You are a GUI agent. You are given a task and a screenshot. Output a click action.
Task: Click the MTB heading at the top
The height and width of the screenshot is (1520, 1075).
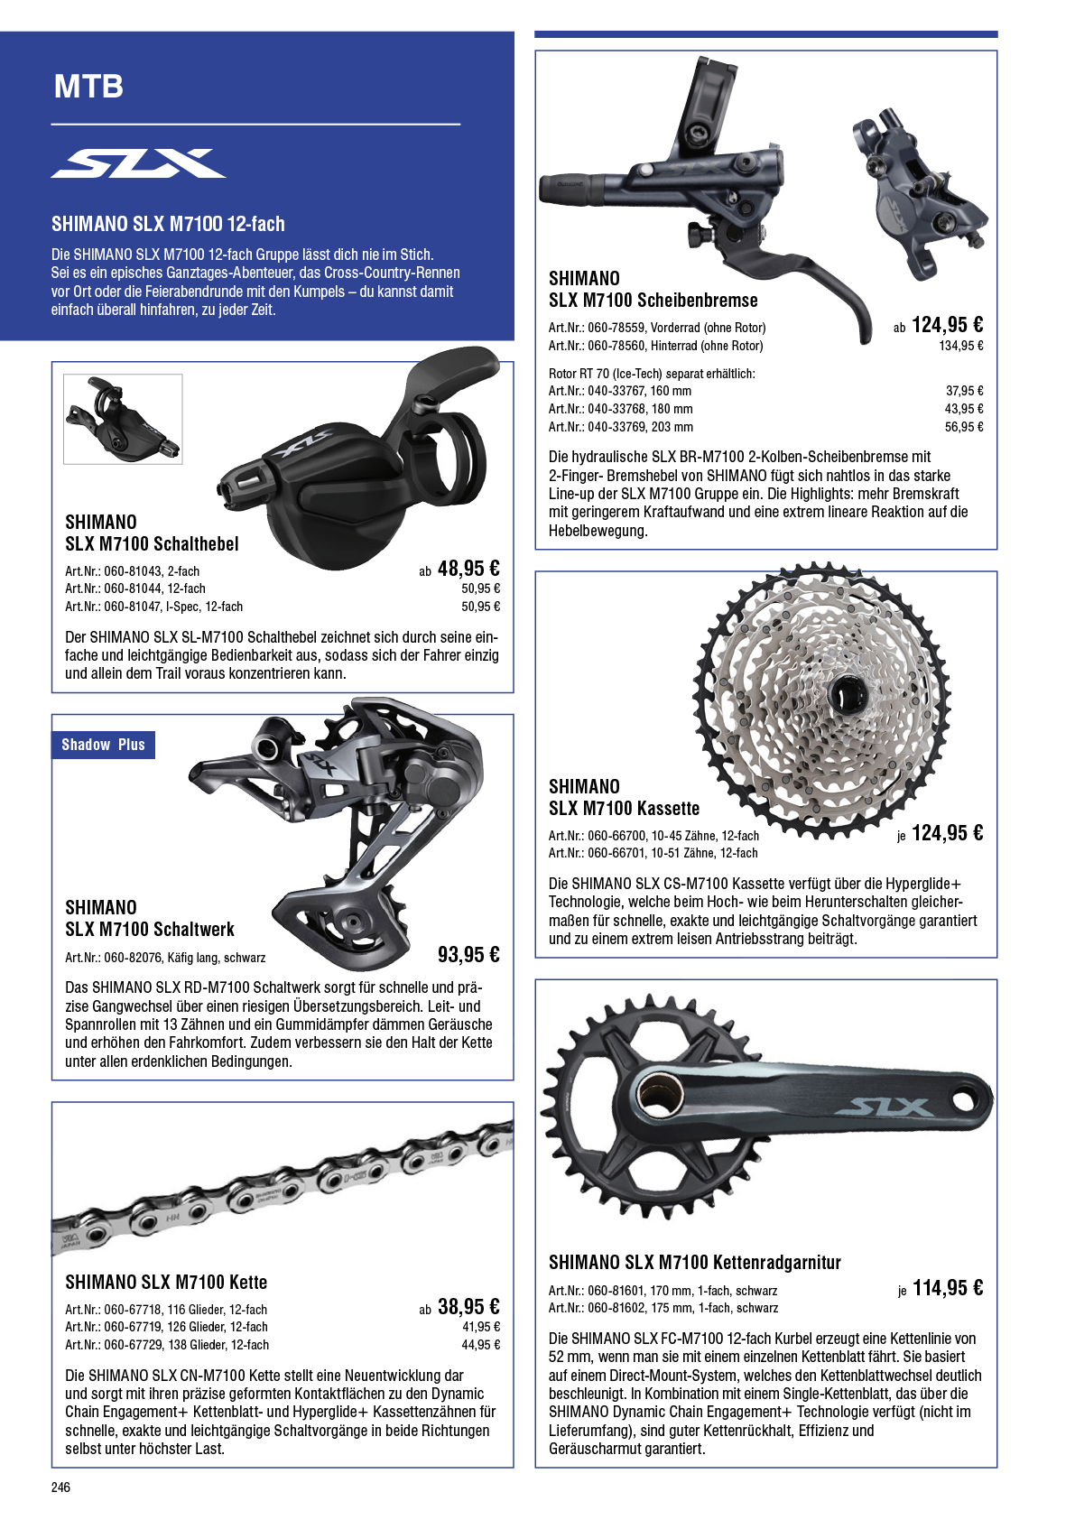[x=88, y=87]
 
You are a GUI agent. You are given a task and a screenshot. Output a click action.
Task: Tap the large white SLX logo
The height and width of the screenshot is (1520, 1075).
[x=138, y=163]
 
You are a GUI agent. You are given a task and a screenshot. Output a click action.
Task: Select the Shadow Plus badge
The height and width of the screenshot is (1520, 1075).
[x=103, y=745]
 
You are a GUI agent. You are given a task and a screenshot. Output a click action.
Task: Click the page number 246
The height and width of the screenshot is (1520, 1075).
[x=60, y=1488]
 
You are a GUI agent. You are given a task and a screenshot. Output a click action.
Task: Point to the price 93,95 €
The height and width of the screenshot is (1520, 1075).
[x=468, y=955]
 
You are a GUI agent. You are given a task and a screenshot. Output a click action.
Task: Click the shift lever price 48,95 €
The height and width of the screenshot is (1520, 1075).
[x=468, y=568]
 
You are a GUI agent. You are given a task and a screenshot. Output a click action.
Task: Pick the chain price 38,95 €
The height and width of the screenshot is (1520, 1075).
[x=468, y=1306]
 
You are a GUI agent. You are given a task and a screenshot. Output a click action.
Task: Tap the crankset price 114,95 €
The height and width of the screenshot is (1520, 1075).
[x=948, y=1287]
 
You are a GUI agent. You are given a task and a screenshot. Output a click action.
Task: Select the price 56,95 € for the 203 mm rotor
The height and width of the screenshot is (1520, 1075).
[x=964, y=427]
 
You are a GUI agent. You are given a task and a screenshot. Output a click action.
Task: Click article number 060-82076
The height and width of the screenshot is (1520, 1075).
[x=133, y=958]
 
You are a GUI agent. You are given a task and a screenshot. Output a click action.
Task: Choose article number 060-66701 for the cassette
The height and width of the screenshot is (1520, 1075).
[x=616, y=853]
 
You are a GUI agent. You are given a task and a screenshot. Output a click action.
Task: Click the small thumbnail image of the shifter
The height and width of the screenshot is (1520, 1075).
[x=123, y=420]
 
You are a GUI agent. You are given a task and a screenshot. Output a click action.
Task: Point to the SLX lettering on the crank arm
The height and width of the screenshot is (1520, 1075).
[x=881, y=1108]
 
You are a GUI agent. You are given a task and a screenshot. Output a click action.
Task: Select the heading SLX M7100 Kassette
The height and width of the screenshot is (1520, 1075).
[x=624, y=808]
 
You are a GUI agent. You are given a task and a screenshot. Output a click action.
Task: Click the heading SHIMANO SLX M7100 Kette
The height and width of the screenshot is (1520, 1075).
[x=166, y=1282]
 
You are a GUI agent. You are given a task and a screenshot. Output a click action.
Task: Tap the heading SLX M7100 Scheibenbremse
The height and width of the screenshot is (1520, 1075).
[x=653, y=300]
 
